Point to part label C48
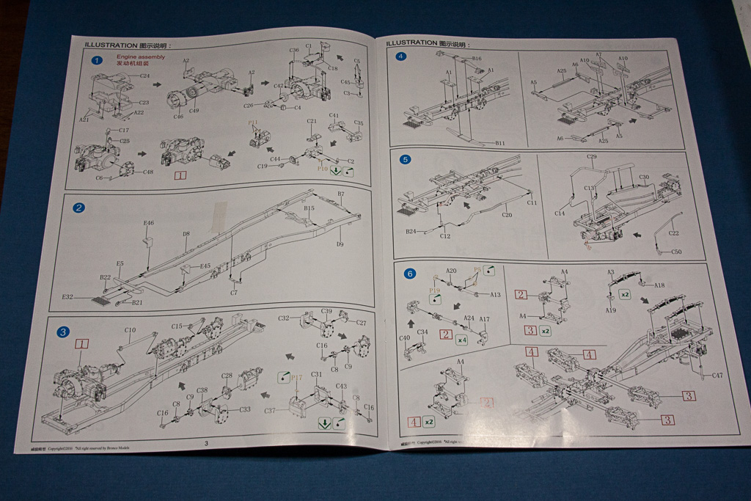tap(148, 172)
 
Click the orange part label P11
tap(254, 122)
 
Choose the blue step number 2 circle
tap(79, 208)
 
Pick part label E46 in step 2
tap(149, 223)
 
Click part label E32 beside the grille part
tap(67, 297)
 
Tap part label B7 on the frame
tap(341, 194)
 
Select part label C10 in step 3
tap(129, 330)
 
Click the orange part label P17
tap(296, 378)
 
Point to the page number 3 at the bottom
tap(206, 443)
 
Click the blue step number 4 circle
tap(400, 56)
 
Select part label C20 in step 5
tap(507, 215)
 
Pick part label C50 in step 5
tap(676, 252)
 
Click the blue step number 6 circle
tap(409, 274)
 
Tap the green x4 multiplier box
tap(461, 340)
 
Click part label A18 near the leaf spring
tap(659, 285)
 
